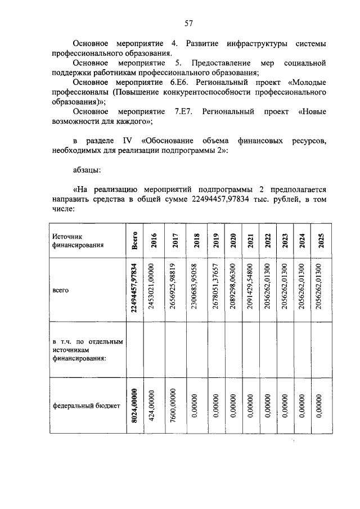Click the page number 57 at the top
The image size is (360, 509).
[188, 23]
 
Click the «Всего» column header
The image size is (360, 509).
[134, 241]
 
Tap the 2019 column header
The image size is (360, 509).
[215, 240]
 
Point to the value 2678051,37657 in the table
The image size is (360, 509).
[215, 290]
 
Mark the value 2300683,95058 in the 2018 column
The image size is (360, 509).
[196, 290]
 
